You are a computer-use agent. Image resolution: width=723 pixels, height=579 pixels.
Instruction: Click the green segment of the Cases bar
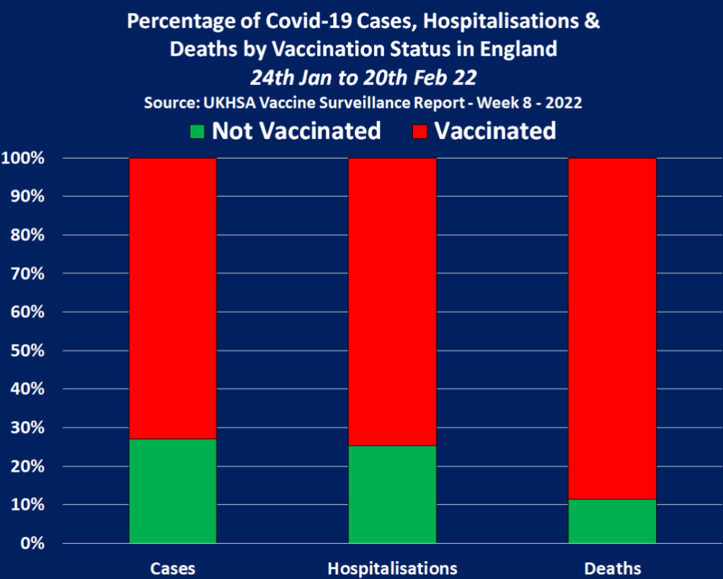click(173, 490)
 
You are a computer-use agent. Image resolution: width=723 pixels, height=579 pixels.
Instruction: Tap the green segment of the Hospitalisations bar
click(392, 494)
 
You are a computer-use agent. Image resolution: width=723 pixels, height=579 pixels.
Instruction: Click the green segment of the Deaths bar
click(612, 521)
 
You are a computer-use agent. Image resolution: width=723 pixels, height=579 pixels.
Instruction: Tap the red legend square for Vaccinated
click(420, 132)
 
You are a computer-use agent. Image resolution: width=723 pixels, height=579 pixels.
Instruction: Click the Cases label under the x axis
click(173, 568)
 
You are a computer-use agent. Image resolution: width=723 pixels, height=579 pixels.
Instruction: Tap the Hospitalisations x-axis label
click(392, 568)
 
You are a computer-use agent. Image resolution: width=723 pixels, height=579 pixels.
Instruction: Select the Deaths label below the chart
click(612, 568)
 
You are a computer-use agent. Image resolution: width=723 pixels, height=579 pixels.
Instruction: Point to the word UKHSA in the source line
click(219, 102)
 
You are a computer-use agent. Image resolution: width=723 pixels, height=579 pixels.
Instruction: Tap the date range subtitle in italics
click(363, 76)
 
